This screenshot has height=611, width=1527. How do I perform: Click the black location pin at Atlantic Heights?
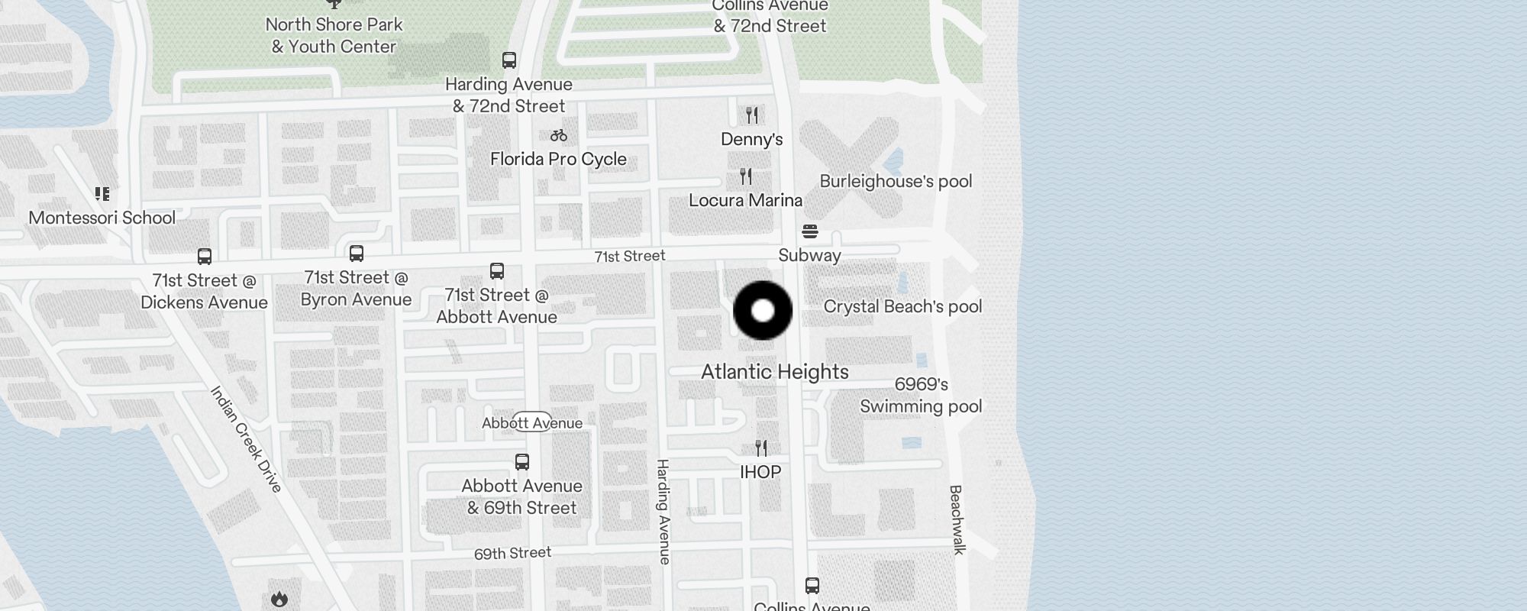click(x=763, y=311)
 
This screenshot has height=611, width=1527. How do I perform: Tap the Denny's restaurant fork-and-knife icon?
click(x=752, y=115)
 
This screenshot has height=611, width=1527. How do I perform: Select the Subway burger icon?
click(x=810, y=231)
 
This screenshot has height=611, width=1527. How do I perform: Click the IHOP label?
click(x=760, y=472)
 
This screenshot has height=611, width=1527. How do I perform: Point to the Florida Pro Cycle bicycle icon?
click(x=559, y=135)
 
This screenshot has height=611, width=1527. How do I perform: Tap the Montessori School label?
click(x=102, y=218)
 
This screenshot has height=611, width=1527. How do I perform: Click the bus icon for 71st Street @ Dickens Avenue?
click(x=205, y=257)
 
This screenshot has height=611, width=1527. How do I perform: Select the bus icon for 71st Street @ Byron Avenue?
click(x=357, y=254)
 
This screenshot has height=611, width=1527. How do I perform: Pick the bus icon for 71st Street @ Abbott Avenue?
click(x=497, y=271)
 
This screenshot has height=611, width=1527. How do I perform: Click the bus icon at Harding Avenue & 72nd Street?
click(x=509, y=60)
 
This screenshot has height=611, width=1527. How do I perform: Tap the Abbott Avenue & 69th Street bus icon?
click(x=522, y=462)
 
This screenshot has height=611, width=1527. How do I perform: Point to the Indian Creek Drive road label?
click(x=246, y=438)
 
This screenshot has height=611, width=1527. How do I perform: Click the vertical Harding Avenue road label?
click(x=663, y=512)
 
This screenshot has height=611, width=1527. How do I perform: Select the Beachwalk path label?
click(x=957, y=519)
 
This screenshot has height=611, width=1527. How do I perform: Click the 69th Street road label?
click(x=512, y=553)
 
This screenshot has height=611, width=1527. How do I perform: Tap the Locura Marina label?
click(x=745, y=200)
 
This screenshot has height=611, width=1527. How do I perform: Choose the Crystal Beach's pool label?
click(x=902, y=307)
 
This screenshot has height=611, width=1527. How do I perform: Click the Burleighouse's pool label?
click(x=896, y=182)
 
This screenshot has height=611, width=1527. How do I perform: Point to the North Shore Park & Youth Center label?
click(x=334, y=35)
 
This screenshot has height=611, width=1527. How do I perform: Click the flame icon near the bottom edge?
click(x=279, y=599)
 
